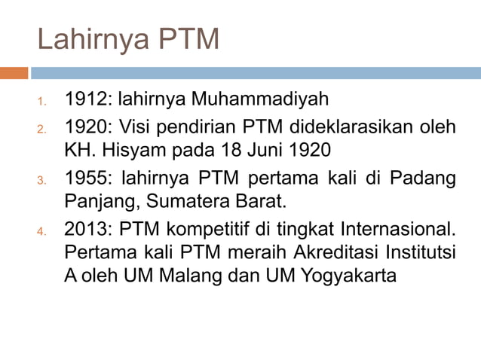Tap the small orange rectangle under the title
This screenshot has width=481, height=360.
point(14,73)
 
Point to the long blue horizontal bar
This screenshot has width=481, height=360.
point(256,73)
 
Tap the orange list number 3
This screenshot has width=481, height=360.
point(44,181)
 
